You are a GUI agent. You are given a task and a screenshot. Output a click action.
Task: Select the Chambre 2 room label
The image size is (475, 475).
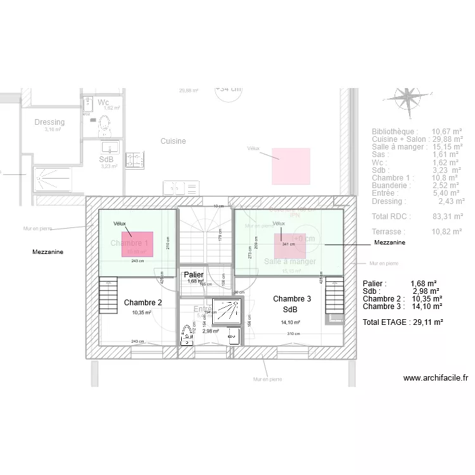pyautogui.click(x=142, y=303)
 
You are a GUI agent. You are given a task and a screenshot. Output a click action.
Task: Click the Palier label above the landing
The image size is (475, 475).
pyautogui.click(x=194, y=274)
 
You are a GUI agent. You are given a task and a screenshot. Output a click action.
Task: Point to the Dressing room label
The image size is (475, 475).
pyautogui.click(x=49, y=122)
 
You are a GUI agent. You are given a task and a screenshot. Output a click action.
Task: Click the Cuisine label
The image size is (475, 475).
pyautogui.click(x=173, y=141)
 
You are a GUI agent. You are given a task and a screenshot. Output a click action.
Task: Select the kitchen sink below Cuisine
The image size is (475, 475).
pyautogui.click(x=181, y=188)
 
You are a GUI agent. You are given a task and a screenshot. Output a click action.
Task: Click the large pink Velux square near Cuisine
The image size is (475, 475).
pyautogui.click(x=291, y=166)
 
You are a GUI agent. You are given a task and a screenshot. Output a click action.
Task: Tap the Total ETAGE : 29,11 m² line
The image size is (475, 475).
pyautogui.click(x=402, y=322)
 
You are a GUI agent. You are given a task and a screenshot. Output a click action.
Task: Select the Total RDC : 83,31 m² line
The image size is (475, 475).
pyautogui.click(x=417, y=217)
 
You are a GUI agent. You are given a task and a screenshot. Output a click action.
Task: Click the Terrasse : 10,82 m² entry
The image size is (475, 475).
pyautogui.click(x=417, y=232)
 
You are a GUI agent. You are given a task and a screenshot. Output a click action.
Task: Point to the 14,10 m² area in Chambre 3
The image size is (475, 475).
pyautogui.click(x=290, y=322)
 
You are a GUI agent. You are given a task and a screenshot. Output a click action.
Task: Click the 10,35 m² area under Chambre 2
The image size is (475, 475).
pyautogui.click(x=141, y=313)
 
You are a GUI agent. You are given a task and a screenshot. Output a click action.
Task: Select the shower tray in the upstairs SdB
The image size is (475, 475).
pyautogui.click(x=225, y=308)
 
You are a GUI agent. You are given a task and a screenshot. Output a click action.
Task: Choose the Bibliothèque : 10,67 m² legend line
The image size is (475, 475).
pyautogui.click(x=417, y=131)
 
